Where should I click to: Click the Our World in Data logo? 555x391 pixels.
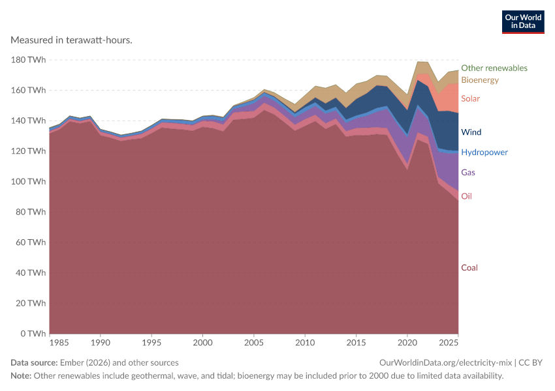click(x=523, y=22)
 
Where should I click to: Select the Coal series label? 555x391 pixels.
click(x=469, y=268)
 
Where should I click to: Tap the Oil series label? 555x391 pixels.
click(x=466, y=196)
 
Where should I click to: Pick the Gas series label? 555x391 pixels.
click(x=468, y=172)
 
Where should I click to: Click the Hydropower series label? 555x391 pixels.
click(x=484, y=152)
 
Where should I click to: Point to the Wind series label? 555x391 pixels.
click(x=471, y=132)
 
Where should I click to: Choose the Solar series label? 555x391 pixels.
click(x=470, y=98)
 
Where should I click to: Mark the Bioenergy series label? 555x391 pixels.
click(x=480, y=80)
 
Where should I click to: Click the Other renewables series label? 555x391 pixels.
click(x=494, y=68)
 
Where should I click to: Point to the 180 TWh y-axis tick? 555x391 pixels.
click(x=28, y=60)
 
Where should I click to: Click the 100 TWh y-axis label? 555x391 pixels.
click(x=28, y=182)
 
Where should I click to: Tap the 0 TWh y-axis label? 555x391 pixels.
click(x=33, y=334)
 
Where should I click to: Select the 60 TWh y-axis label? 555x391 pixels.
click(x=31, y=242)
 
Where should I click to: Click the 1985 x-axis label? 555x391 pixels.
click(x=59, y=343)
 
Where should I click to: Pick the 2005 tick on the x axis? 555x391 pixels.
click(x=254, y=343)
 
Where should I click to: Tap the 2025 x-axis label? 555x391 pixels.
click(x=449, y=343)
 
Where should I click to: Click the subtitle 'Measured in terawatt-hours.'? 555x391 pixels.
click(x=72, y=40)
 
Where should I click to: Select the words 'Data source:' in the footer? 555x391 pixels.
click(x=34, y=363)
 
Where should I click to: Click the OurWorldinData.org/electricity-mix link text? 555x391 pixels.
click(x=445, y=363)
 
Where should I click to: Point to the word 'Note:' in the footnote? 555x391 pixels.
click(x=21, y=376)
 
